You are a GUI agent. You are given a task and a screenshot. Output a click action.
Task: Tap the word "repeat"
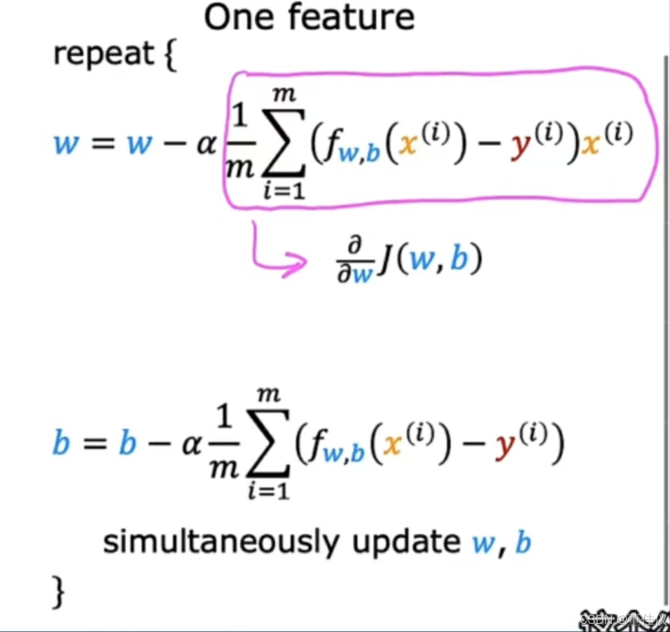point(103,54)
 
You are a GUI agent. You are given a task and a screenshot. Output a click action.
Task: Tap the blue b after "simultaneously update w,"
point(523,543)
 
